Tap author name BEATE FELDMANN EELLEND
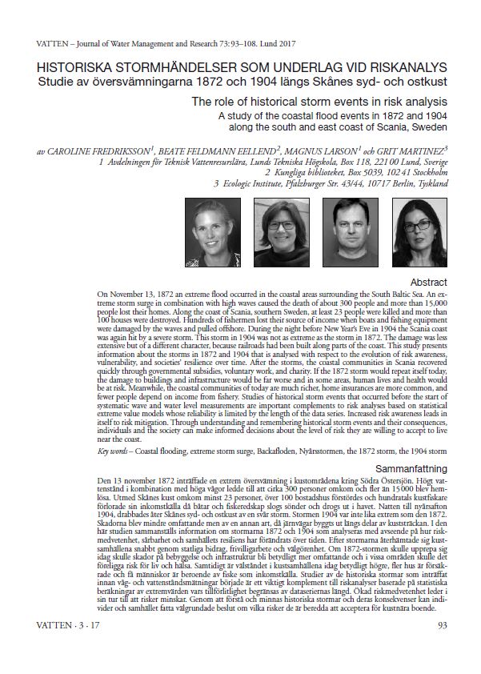pos(221,150)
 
